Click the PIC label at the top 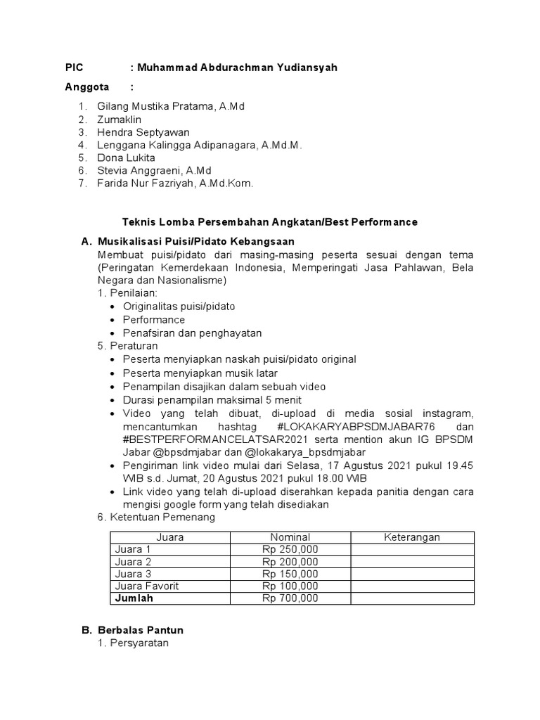[74, 67]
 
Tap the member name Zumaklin [119, 120]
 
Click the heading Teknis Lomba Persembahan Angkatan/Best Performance [269, 221]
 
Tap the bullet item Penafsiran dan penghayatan [192, 333]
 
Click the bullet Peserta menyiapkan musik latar [200, 373]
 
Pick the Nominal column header [290, 537]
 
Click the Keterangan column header [411, 537]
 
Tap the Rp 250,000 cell [290, 549]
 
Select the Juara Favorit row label [147, 586]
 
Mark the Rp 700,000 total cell [290, 598]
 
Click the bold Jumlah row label [134, 598]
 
